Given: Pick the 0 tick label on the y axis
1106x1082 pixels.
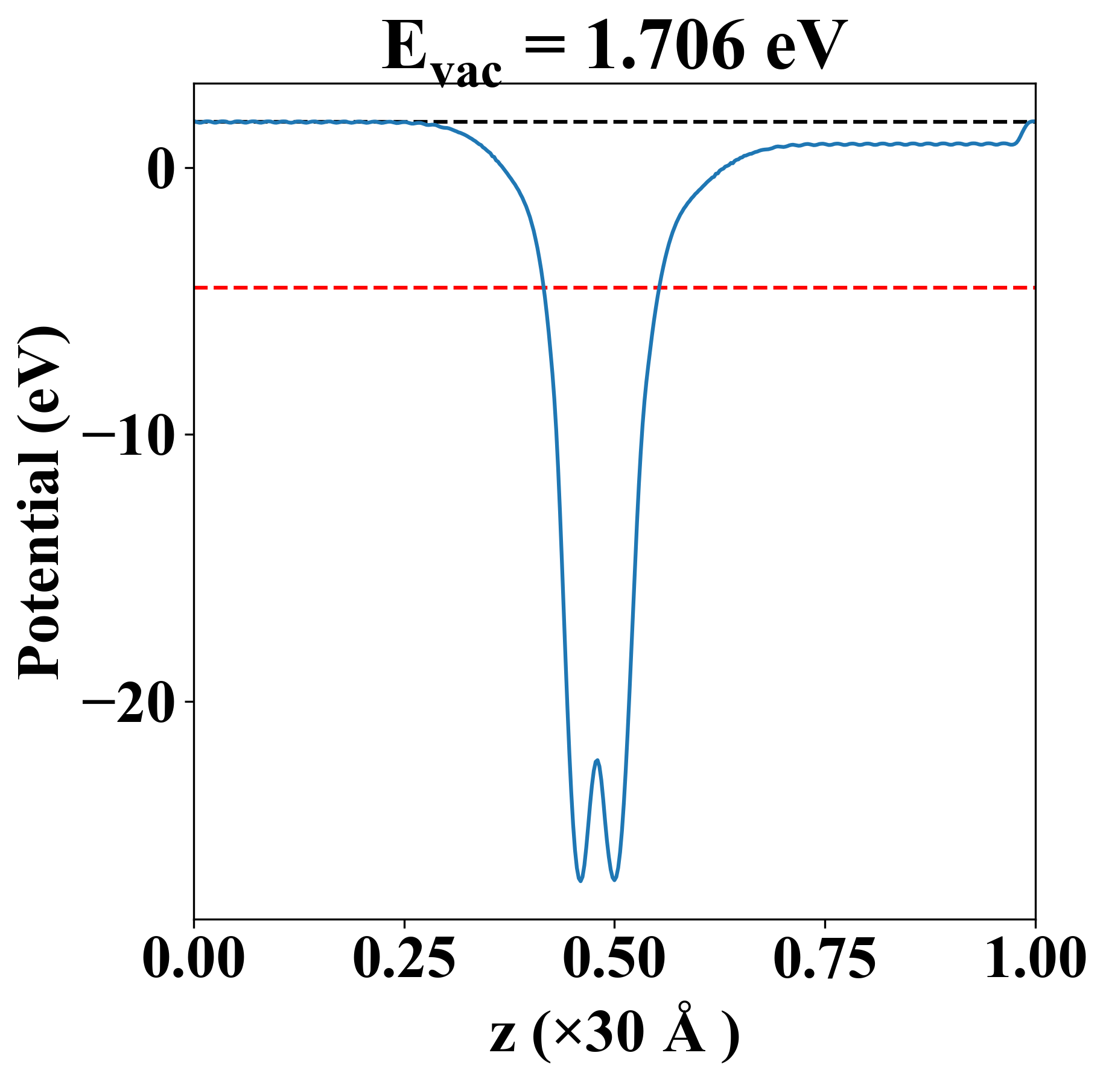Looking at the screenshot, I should click(x=160, y=168).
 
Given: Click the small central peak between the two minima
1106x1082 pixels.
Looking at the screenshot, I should click(x=597, y=761).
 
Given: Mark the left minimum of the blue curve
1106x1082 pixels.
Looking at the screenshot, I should click(x=580, y=881).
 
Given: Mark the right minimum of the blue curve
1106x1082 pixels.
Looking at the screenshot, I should click(x=614, y=879).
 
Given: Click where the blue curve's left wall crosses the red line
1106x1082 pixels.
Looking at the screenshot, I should click(x=544, y=288).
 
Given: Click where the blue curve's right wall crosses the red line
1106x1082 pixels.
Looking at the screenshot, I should click(x=660, y=288).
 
